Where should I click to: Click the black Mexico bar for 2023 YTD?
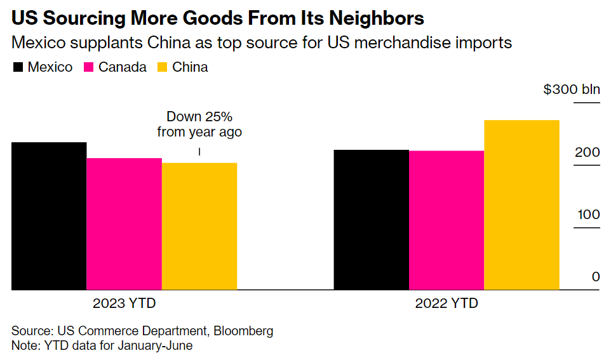point(49,216)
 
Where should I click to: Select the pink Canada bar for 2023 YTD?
point(124,223)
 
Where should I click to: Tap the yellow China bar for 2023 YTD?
point(199,226)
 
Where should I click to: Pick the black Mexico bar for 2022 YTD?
point(372,220)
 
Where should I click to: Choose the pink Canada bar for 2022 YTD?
point(446,220)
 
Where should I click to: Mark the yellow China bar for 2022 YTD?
point(521,204)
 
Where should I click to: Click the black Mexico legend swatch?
point(18,67)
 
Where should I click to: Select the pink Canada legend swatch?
point(89,67)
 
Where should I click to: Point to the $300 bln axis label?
point(571,90)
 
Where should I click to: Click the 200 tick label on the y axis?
point(587,153)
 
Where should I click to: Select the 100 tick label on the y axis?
point(587,215)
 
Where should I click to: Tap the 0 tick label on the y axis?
point(595,277)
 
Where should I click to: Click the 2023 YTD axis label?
point(124,303)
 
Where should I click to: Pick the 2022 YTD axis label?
point(446,303)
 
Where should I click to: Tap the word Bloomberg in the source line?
point(243,331)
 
